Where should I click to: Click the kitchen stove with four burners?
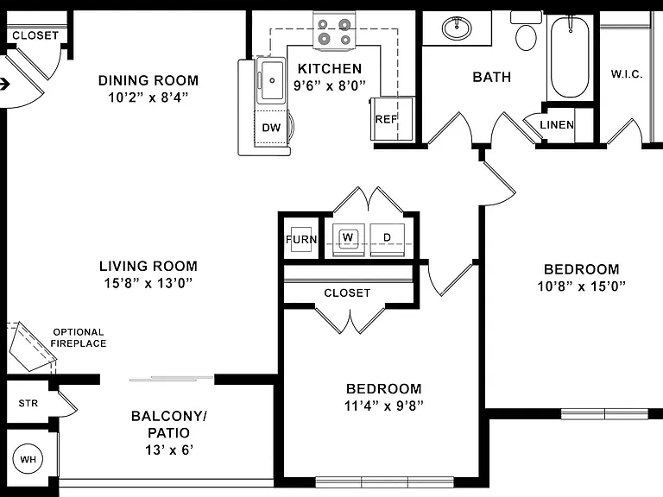[x=334, y=31]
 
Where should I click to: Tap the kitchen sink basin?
[x=272, y=80]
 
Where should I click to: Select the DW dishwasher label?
[x=271, y=128]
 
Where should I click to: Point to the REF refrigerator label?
[x=386, y=119]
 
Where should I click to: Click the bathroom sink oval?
[x=457, y=28]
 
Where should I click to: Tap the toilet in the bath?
[x=527, y=32]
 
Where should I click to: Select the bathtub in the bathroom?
[x=570, y=58]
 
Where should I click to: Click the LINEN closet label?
[x=557, y=124]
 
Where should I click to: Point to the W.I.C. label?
[x=627, y=74]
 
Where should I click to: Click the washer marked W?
[x=349, y=240]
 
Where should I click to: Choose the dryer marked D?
[x=388, y=240]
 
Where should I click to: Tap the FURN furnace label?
[x=301, y=240]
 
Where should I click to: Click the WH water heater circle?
[x=28, y=459]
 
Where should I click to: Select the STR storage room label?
[x=28, y=403]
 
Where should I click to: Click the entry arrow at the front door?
[x=4, y=84]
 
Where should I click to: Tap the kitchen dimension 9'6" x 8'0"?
[x=330, y=85]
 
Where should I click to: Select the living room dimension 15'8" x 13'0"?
[x=148, y=283]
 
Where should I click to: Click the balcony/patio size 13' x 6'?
[x=169, y=450]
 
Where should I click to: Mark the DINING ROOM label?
[x=148, y=80]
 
